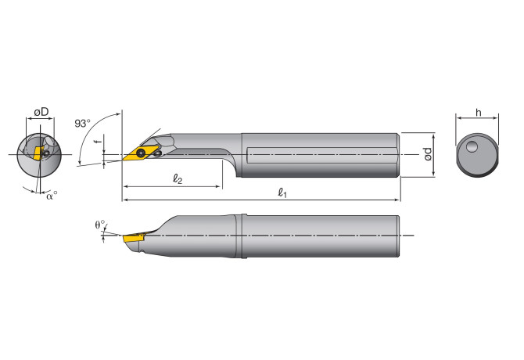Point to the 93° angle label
pos(82,124)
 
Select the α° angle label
pos(52,196)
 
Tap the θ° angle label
pos(99,225)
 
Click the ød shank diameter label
pos(427,154)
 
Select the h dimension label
pos(477,112)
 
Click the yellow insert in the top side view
pos(138,153)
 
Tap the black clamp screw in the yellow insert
pos(142,153)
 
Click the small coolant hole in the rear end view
pos(472,146)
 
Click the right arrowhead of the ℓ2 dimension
pos(221,187)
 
